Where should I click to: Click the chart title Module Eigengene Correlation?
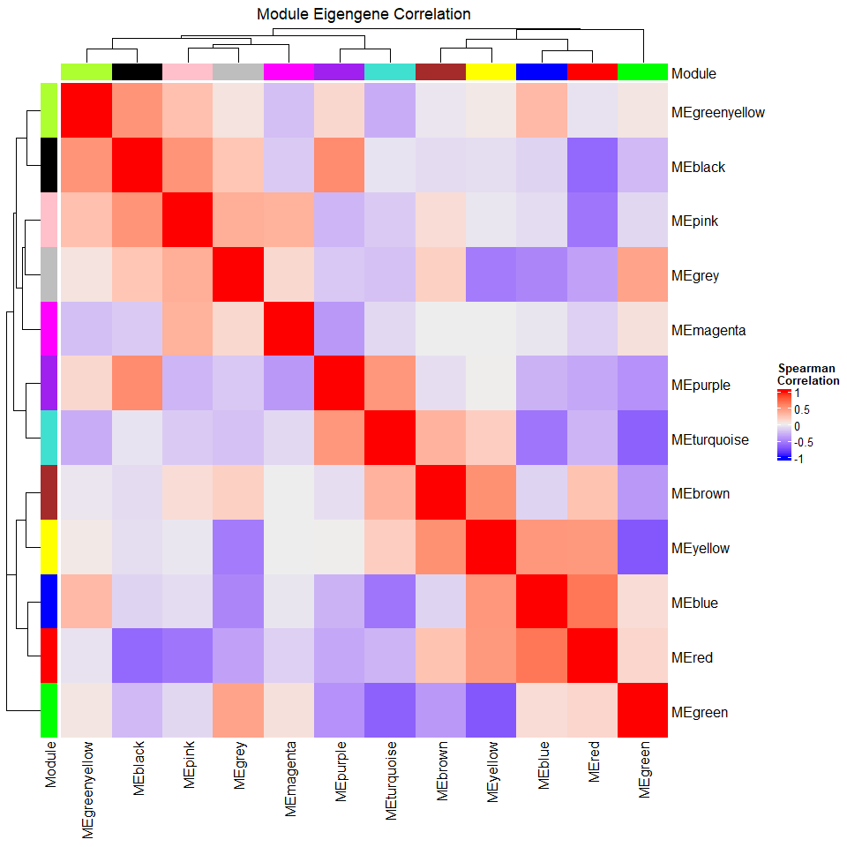point(364,14)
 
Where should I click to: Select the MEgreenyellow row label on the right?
point(717,113)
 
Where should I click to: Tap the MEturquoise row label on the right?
point(709,439)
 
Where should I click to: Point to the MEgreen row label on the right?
point(700,712)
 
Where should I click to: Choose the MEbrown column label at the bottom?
point(441,776)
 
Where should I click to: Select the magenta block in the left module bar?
point(49,329)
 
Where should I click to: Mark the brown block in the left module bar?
point(49,492)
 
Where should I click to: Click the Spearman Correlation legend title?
point(807,374)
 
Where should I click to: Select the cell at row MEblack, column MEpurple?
point(339,165)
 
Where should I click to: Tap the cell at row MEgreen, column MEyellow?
point(491,710)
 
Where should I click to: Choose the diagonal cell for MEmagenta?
point(289,329)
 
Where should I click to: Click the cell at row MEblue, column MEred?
point(592,602)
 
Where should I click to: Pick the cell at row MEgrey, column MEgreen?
point(642,274)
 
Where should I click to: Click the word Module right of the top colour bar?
point(693,74)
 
